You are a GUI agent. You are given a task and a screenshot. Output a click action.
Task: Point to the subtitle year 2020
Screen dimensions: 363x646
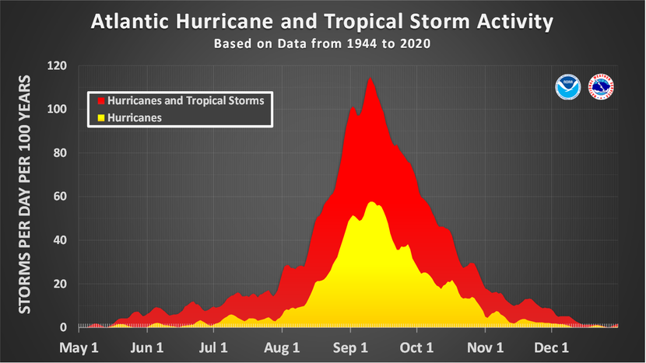416,44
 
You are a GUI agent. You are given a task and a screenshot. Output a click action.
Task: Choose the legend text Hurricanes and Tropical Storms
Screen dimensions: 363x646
185,101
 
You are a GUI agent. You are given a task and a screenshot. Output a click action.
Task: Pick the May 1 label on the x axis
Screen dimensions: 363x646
79,347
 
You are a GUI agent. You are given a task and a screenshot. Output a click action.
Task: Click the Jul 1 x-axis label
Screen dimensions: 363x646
212,347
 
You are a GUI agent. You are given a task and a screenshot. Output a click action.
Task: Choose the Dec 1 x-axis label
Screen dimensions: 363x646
555,347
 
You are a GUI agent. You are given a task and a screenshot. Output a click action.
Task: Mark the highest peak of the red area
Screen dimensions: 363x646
370,78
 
